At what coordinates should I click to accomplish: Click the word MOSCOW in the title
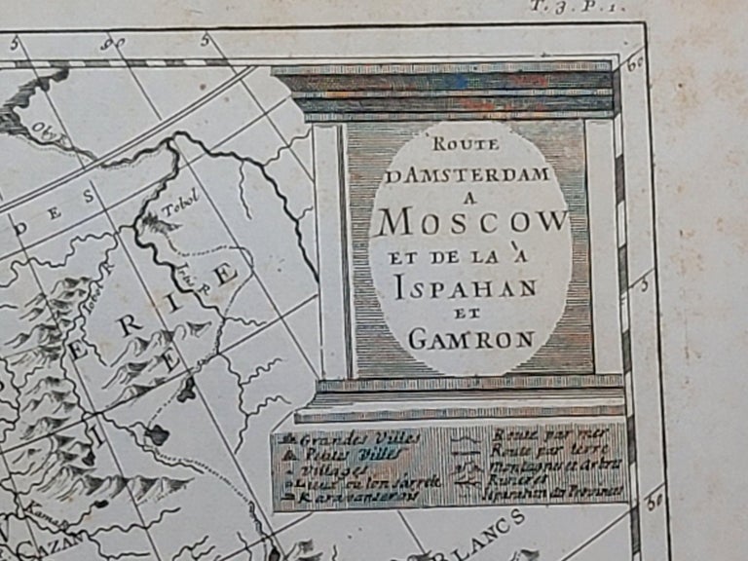(x=472, y=222)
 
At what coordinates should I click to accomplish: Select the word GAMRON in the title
(x=471, y=339)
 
